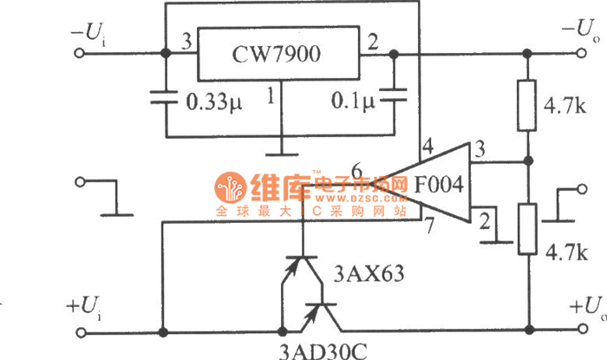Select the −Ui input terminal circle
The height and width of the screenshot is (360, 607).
(x=83, y=53)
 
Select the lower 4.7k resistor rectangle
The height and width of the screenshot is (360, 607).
(x=526, y=229)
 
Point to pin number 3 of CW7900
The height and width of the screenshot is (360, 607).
(x=184, y=41)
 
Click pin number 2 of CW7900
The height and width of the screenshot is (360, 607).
(x=373, y=41)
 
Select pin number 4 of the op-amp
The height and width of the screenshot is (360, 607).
(x=427, y=147)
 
